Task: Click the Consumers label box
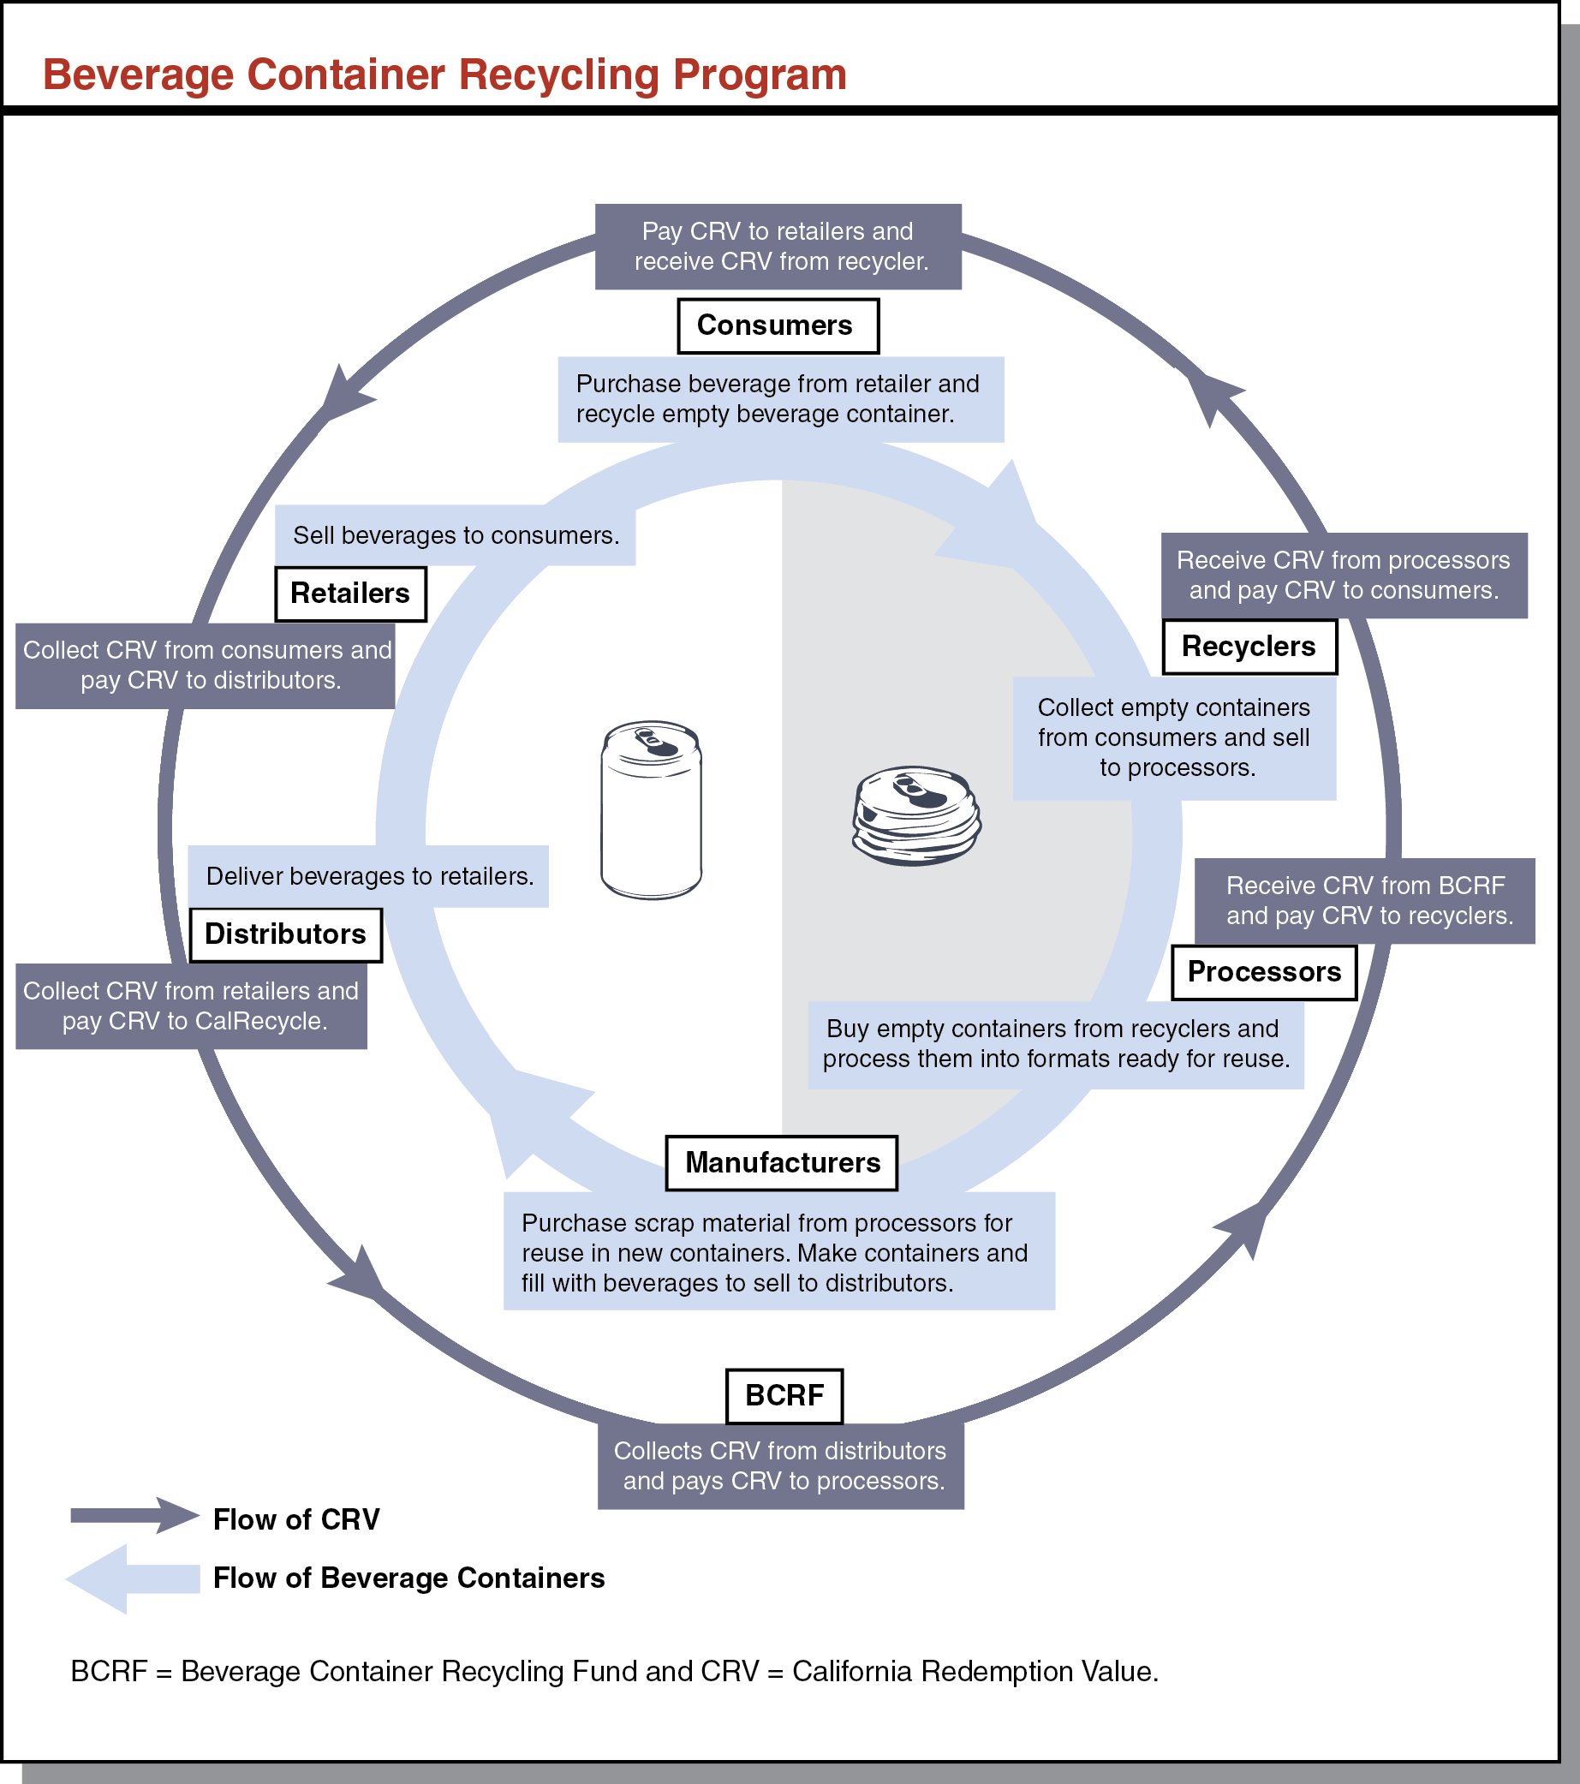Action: click(778, 325)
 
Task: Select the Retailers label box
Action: click(350, 594)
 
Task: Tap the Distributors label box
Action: click(285, 934)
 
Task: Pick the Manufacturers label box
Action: click(781, 1162)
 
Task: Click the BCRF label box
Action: click(784, 1396)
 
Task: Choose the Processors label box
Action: click(1263, 971)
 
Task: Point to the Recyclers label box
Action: click(1249, 646)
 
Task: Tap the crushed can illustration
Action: click(915, 816)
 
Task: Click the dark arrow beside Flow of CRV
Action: click(134, 1515)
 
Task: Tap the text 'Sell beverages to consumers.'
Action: click(456, 535)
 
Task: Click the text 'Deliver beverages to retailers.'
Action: click(369, 876)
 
